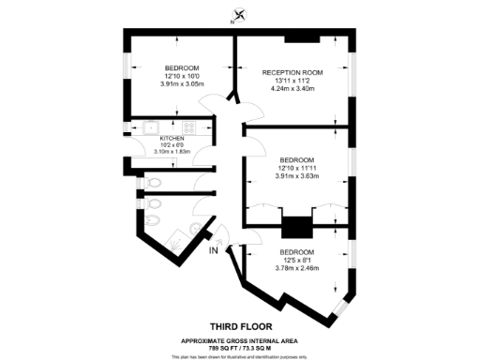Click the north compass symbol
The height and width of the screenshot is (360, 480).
tap(241, 14)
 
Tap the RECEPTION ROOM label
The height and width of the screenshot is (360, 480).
tap(292, 72)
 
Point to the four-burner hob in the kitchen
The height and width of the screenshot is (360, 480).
tap(188, 128)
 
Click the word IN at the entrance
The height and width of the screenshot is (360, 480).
tap(214, 249)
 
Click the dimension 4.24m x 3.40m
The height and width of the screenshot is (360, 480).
tap(292, 90)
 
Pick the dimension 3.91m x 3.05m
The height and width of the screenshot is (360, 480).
tap(181, 84)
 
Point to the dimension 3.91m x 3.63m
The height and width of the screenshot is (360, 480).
tap(297, 176)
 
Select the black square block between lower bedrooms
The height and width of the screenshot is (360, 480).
tap(296, 228)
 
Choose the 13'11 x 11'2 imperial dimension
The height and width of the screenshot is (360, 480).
tap(292, 82)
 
